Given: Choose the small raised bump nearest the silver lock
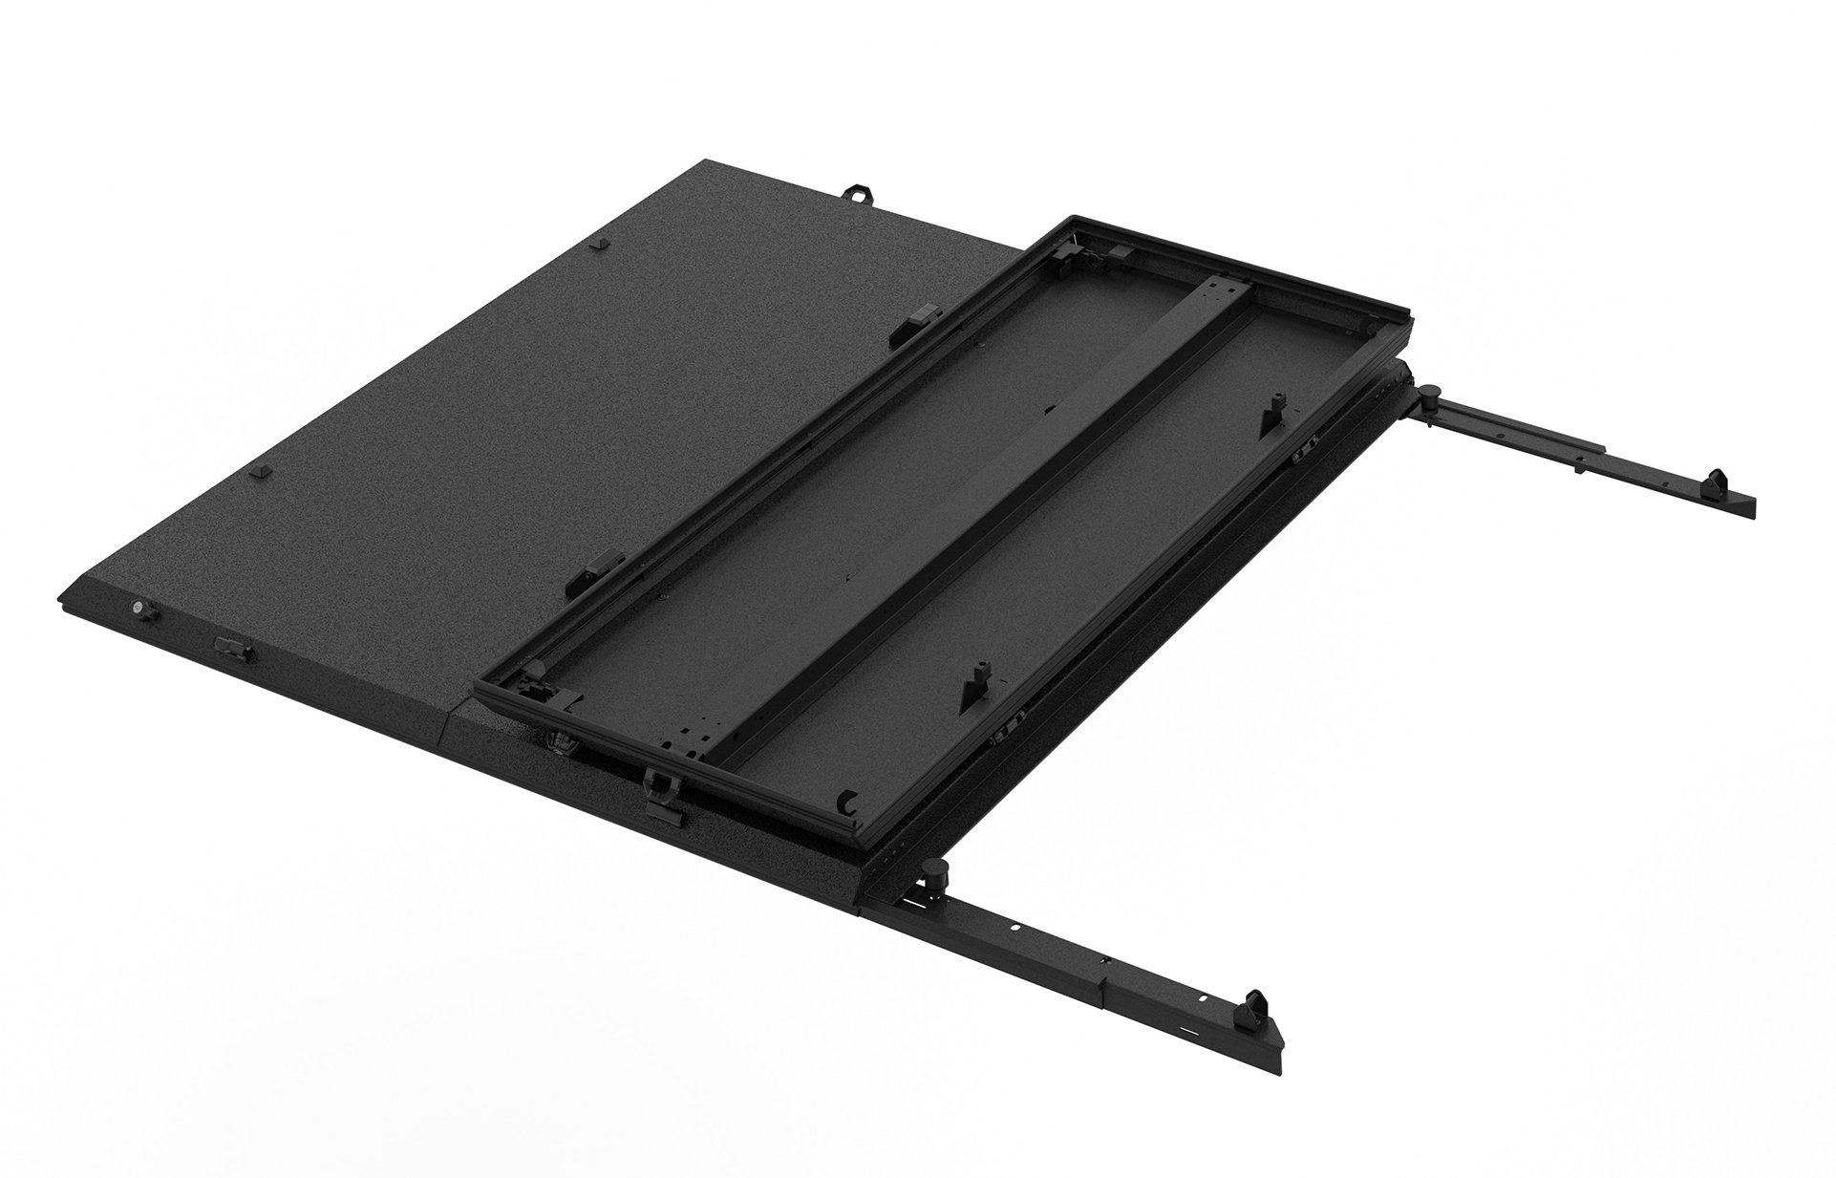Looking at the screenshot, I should point(255,472).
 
